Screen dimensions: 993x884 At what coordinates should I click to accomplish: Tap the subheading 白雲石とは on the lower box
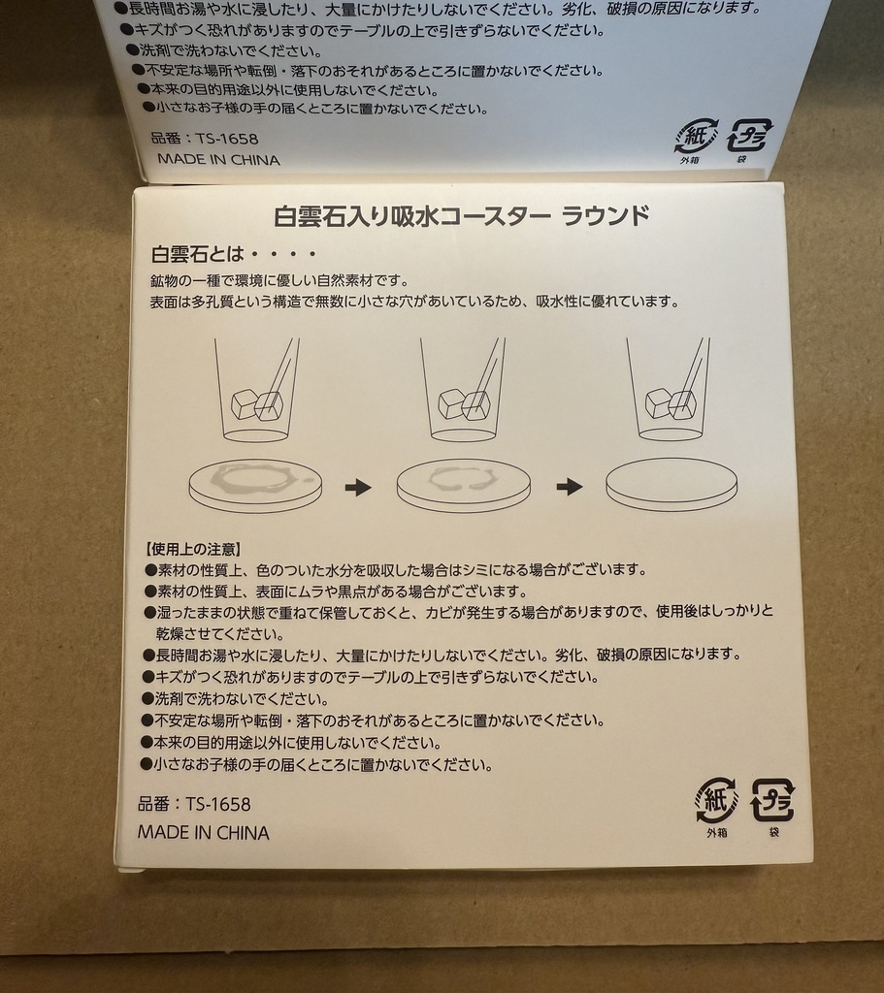[195, 256]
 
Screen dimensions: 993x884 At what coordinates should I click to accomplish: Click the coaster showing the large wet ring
[255, 484]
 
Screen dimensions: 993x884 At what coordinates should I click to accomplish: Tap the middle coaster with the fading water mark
[464, 484]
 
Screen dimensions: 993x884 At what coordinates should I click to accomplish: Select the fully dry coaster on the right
[671, 484]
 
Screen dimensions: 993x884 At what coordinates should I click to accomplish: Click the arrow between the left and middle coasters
[358, 487]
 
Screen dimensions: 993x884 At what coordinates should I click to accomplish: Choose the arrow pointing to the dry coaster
[569, 487]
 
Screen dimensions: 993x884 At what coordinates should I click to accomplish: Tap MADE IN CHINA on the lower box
[204, 832]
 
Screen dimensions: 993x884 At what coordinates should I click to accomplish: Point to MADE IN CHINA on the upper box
[218, 160]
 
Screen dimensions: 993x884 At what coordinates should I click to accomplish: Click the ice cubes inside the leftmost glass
[257, 404]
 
